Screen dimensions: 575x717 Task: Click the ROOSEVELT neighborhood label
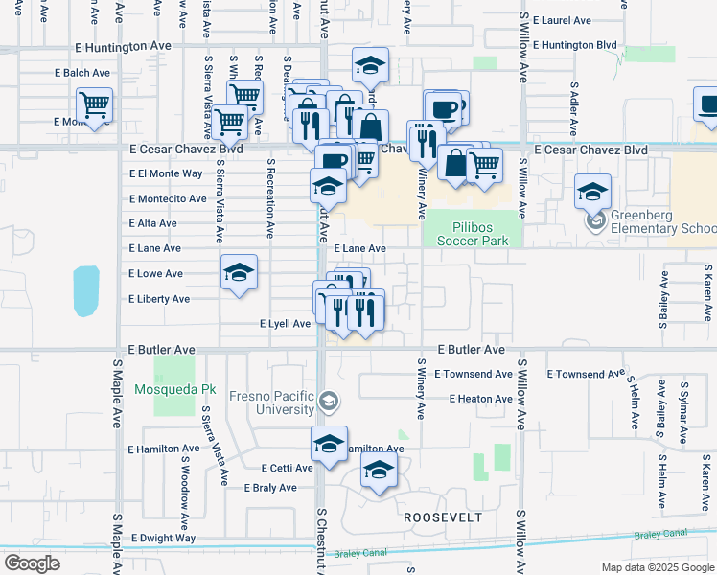click(x=442, y=517)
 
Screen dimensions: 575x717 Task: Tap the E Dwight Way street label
click(x=163, y=538)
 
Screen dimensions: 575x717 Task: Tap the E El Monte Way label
click(x=166, y=173)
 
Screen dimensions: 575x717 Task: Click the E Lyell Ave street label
click(x=285, y=324)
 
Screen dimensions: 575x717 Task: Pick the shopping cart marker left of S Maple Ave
click(x=95, y=104)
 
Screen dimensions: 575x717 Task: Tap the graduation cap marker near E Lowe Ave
click(x=239, y=272)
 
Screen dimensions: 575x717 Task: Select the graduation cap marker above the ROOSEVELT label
click(x=379, y=471)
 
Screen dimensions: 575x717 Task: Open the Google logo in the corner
click(x=32, y=563)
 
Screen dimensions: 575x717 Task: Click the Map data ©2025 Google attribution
click(x=657, y=567)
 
